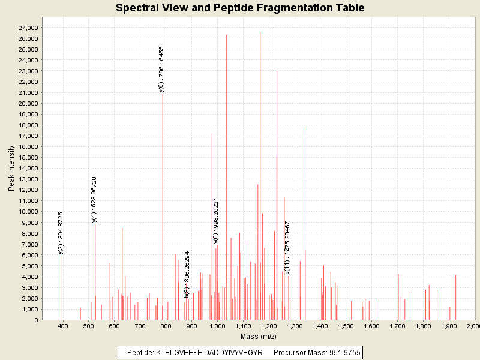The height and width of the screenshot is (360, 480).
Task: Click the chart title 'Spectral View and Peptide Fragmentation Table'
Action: click(240, 8)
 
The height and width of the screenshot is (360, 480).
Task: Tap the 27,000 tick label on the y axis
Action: click(28, 28)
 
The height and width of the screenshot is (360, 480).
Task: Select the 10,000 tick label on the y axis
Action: click(28, 211)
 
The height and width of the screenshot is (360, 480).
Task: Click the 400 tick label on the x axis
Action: click(62, 326)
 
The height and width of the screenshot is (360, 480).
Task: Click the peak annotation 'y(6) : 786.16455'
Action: click(161, 69)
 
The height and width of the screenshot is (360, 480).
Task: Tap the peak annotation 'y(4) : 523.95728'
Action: click(94, 200)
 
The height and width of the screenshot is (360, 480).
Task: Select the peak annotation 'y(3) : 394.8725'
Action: click(61, 233)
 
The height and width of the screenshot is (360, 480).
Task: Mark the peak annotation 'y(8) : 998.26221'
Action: click(216, 220)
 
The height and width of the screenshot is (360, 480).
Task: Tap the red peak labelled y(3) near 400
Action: click(62, 288)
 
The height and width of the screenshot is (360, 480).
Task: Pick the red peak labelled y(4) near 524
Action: click(95, 270)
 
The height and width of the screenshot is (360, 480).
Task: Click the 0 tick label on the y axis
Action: click(37, 320)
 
